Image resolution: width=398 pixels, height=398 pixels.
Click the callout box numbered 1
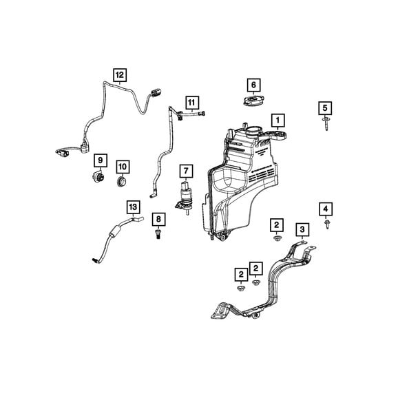pos(278,121)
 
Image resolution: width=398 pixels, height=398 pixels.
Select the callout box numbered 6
pos(253,85)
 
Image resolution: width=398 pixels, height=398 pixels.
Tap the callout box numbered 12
pos(120,75)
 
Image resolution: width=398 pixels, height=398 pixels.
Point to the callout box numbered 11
pos(192,103)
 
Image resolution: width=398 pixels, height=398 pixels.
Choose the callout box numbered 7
pos(187,171)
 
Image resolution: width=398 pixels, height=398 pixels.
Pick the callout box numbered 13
pos(134,207)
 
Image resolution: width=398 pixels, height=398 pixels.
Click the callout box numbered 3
pos(302,229)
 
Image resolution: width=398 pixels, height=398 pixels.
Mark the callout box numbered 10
pos(123,167)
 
